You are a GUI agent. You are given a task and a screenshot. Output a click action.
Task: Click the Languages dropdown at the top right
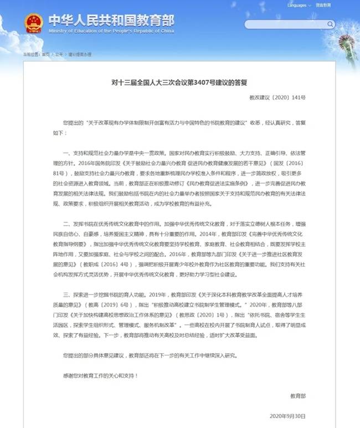tap(300, 6)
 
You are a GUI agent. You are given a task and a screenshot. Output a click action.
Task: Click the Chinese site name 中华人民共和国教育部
tap(111, 21)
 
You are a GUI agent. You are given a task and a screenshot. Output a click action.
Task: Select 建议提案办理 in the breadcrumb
tap(79, 54)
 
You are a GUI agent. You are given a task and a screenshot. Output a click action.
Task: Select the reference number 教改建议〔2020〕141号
tap(285, 98)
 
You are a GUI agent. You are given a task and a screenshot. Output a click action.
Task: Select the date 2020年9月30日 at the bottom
tap(287, 415)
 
